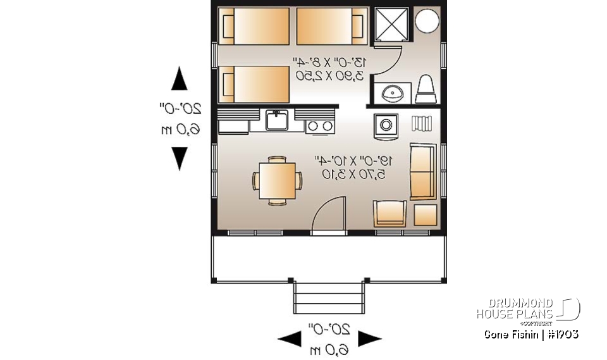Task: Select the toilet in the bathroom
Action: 426,89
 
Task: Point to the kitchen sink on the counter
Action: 277,119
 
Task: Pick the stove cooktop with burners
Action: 320,125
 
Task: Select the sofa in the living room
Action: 422,171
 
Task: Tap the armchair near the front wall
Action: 390,214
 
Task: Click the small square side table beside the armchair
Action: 425,214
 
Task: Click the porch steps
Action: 329,296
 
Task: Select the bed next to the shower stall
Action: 332,26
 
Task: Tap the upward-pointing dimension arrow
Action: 180,80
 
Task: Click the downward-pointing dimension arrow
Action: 180,157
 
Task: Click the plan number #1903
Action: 562,334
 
